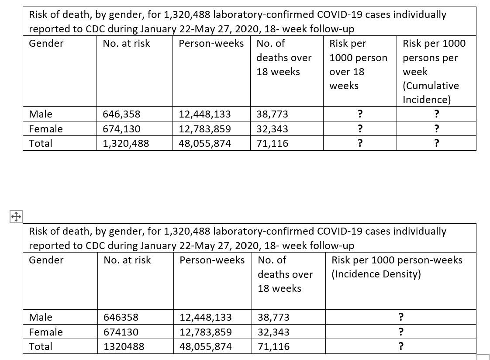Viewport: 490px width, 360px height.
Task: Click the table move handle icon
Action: pyautogui.click(x=16, y=216)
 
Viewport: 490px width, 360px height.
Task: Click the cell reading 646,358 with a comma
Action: pyautogui.click(x=121, y=114)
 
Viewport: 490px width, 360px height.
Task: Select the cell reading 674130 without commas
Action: pyautogui.click(x=121, y=332)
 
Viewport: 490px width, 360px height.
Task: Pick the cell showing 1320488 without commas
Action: pyautogui.click(x=124, y=346)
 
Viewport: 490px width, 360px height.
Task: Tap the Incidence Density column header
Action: pyautogui.click(x=397, y=267)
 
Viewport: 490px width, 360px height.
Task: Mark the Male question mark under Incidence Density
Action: pyautogui.click(x=401, y=317)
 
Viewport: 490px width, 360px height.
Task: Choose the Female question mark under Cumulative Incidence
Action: pyautogui.click(x=436, y=129)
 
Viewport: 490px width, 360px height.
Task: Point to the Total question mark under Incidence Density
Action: pyautogui.click(x=401, y=346)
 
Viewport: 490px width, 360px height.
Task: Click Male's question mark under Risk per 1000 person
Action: pyautogui.click(x=360, y=114)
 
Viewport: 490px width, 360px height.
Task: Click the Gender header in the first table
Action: pyautogui.click(x=46, y=43)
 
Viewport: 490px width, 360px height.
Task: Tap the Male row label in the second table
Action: pyautogui.click(x=41, y=317)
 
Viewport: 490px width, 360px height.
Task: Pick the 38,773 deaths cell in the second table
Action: pyautogui.click(x=273, y=317)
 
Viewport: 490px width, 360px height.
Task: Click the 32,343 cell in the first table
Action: pyautogui.click(x=272, y=129)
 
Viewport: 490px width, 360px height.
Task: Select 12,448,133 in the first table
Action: pyautogui.click(x=205, y=114)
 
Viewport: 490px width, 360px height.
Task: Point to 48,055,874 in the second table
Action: pyautogui.click(x=206, y=346)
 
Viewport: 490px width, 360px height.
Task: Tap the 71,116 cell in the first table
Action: pyautogui.click(x=272, y=143)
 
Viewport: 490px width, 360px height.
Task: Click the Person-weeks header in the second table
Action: pyautogui.click(x=212, y=260)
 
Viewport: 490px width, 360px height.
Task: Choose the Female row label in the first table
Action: pyautogui.click(x=46, y=129)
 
